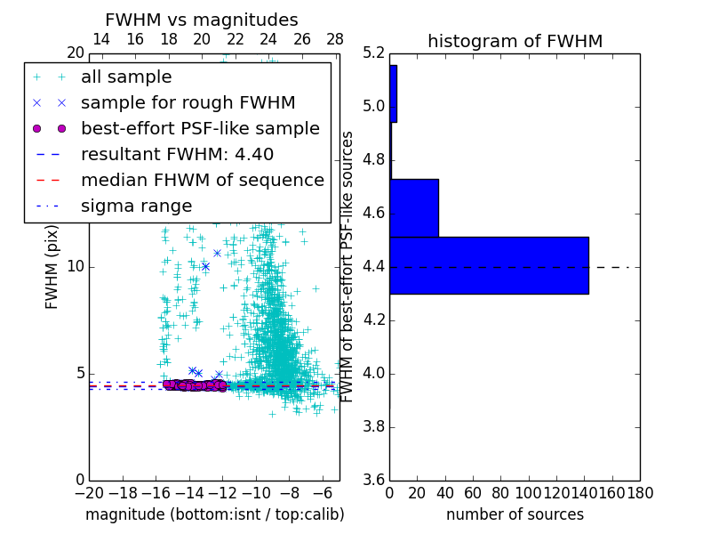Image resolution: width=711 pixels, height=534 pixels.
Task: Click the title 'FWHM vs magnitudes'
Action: (x=201, y=20)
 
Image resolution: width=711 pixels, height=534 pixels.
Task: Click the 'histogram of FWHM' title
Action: (x=515, y=41)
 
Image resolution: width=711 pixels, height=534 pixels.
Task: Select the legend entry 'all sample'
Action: (x=126, y=77)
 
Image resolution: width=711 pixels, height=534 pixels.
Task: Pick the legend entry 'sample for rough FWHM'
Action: (x=188, y=102)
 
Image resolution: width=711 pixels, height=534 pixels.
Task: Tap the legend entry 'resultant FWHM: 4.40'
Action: (x=177, y=154)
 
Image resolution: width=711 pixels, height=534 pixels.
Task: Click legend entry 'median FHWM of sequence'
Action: (x=202, y=180)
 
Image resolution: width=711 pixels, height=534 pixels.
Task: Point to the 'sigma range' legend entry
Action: (x=136, y=206)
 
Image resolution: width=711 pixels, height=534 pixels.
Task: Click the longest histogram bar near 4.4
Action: (x=489, y=265)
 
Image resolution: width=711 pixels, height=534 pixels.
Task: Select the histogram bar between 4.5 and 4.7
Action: (x=414, y=207)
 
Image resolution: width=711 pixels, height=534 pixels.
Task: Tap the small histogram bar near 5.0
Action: (x=393, y=93)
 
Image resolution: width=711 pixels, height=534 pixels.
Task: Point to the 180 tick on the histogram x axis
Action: (x=640, y=492)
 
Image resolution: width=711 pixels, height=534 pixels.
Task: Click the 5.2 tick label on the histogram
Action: (x=373, y=53)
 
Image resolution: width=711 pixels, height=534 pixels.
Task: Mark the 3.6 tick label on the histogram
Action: (x=373, y=480)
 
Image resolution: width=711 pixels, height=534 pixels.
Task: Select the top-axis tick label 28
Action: (x=335, y=39)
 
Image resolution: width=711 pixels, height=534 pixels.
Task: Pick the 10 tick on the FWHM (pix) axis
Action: (x=76, y=266)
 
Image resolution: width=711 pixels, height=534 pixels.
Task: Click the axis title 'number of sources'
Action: (x=515, y=514)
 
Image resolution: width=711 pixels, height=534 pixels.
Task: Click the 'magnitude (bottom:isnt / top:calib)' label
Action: (x=214, y=514)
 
